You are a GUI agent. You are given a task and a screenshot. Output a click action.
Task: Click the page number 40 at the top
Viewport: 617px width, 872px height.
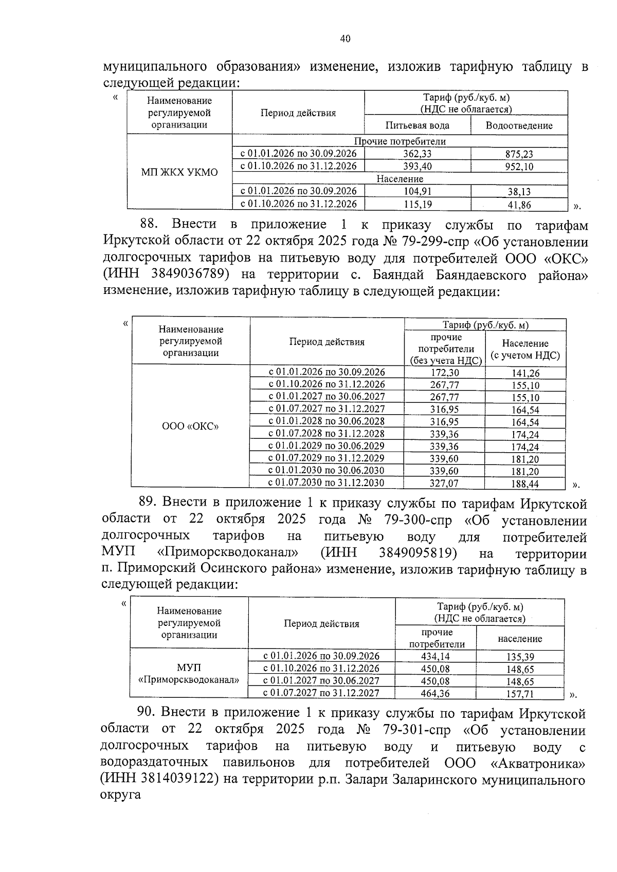pos(345,39)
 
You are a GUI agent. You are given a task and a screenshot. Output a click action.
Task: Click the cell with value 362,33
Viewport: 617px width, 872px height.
pos(417,154)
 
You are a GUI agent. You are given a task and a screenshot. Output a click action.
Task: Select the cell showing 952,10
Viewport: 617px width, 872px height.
pos(519,166)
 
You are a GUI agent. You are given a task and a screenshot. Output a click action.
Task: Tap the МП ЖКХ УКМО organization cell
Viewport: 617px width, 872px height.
pos(179,172)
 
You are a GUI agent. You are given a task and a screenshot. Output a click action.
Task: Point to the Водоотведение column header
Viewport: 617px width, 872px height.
pos(519,125)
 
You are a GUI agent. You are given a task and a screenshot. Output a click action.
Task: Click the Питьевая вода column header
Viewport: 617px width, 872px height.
pos(417,125)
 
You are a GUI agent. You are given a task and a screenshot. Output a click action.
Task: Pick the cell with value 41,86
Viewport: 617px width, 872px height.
pos(519,205)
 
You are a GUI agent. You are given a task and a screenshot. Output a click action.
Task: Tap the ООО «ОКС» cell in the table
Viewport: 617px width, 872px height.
pos(190,426)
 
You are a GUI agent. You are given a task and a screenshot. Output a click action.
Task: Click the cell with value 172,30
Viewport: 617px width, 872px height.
pos(444,373)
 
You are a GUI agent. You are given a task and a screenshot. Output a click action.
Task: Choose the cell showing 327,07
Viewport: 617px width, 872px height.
pos(444,483)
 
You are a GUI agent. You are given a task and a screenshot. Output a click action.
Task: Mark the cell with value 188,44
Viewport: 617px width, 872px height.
pos(525,484)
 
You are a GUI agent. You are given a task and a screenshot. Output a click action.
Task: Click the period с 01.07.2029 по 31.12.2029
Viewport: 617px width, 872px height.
pos(326,458)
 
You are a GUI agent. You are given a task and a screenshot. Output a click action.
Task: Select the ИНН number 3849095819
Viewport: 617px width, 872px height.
pos(418,553)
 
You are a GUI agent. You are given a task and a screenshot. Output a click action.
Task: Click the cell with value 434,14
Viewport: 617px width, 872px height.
pos(435,656)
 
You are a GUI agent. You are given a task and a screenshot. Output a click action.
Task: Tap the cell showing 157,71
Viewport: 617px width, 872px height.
pos(519,694)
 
